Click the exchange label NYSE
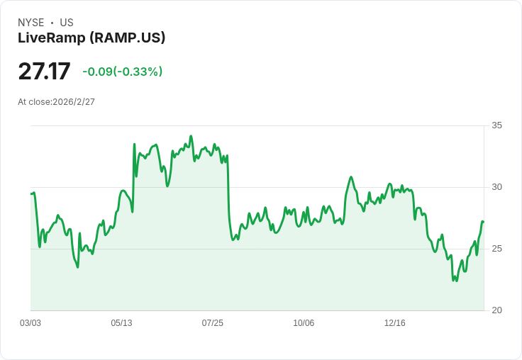pyautogui.click(x=30, y=23)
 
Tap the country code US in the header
pyautogui.click(x=67, y=23)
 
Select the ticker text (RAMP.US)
pyautogui.click(x=128, y=38)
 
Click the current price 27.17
pyautogui.click(x=44, y=72)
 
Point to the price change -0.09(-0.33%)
pyautogui.click(x=122, y=72)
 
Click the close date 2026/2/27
pyautogui.click(x=74, y=102)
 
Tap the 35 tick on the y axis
pyautogui.click(x=496, y=125)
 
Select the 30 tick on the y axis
pyautogui.click(x=496, y=187)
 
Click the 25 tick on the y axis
pyautogui.click(x=496, y=249)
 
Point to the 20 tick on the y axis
pyautogui.click(x=496, y=310)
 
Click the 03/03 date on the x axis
pyautogui.click(x=30, y=323)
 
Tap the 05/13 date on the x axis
pyautogui.click(x=121, y=323)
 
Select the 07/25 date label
pyautogui.click(x=212, y=323)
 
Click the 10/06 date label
pyautogui.click(x=304, y=323)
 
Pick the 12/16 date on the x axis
pyautogui.click(x=394, y=323)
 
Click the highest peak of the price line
pyautogui.click(x=191, y=136)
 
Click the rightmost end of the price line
pyautogui.click(x=483, y=222)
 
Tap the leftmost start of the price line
pyautogui.click(x=31, y=193)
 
